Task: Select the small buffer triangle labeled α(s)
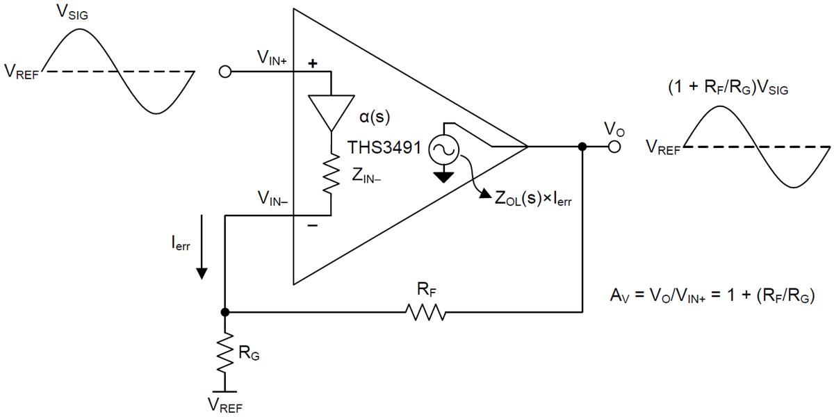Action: click(330, 111)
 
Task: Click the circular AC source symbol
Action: click(442, 148)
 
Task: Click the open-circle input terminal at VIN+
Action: click(224, 72)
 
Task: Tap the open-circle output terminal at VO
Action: click(614, 147)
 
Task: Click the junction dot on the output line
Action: click(582, 147)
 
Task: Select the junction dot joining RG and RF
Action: click(224, 313)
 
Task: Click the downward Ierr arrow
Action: click(201, 247)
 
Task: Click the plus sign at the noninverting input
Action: click(312, 63)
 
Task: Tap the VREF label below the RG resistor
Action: click(224, 404)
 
